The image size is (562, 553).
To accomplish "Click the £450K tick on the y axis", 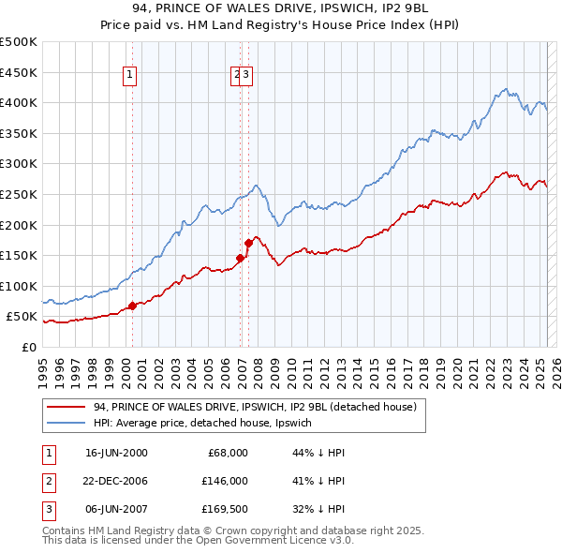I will coord(19,72).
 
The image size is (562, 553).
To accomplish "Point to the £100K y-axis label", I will coord(19,286).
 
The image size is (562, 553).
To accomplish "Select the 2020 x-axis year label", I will coord(457,365).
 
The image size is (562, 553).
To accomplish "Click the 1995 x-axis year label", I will coord(43,365).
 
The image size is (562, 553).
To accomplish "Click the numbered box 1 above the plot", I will coord(130,78).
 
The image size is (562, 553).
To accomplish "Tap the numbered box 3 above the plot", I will coord(246,78).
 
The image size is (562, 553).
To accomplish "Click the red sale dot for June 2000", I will coord(133,306).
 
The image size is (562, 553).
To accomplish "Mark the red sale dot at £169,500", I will coord(248,244).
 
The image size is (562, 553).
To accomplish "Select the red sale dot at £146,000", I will coord(241,258).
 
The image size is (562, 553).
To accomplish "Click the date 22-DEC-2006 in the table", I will coord(116,481).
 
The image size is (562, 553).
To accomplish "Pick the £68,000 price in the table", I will coord(227,453).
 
